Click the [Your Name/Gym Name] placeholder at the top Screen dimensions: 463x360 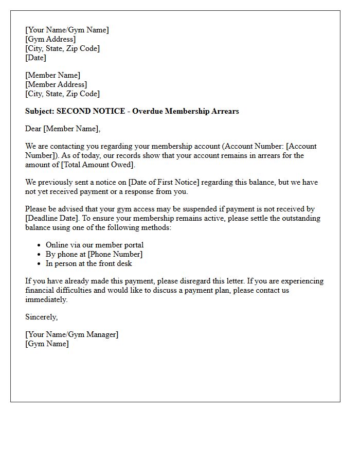tap(67, 30)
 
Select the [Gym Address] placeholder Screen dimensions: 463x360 tap(50, 39)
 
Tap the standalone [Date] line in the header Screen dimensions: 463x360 tap(35, 58)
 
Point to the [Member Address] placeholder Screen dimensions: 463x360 tap(56, 84)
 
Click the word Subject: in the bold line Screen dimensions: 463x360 tap(40, 111)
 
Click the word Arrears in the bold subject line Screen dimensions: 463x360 tap(225, 111)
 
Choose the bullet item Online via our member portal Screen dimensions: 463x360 tap(95, 245)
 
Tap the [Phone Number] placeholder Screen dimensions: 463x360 tap(115, 254)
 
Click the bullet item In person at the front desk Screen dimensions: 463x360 tap(89, 263)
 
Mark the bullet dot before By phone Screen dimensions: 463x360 tap(39, 254)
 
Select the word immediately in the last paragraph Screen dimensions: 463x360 tap(46, 299)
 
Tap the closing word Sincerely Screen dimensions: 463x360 tap(41, 317)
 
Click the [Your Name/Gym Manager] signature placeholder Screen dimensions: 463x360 tap(71, 334)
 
